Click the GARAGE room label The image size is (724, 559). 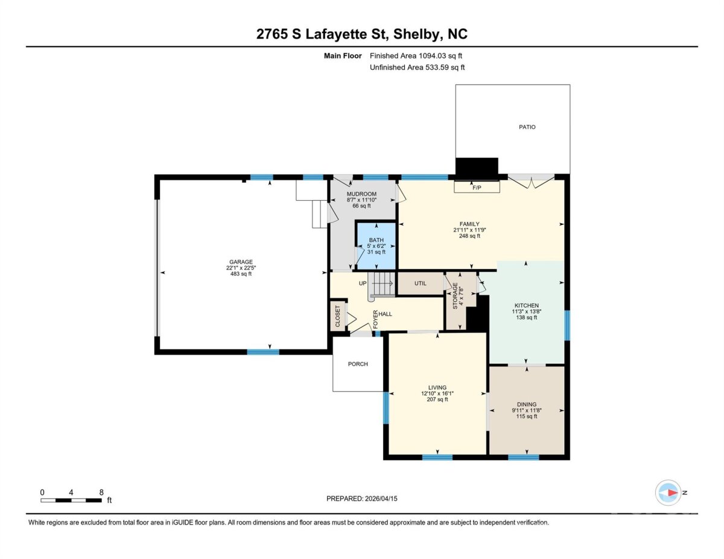(241, 262)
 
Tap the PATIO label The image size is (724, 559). (527, 127)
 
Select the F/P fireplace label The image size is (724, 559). (477, 188)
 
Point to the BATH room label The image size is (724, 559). (376, 240)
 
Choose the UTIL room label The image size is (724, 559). (420, 283)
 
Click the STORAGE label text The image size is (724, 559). (455, 296)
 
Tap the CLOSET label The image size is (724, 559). (337, 317)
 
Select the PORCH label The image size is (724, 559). (358, 364)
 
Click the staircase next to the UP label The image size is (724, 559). (381, 284)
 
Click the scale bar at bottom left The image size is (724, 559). (71, 500)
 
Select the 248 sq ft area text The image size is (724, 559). (469, 236)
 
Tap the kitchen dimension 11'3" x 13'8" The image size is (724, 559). (527, 311)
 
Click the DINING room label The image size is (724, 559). (527, 404)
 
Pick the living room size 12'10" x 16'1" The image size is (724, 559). (437, 393)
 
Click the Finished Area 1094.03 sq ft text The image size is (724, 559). (416, 56)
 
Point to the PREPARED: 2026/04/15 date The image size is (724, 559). (362, 499)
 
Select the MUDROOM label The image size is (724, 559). (361, 194)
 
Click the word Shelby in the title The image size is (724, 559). (416, 34)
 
